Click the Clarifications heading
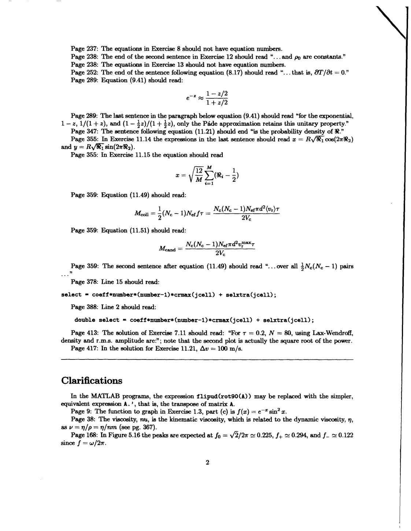coord(92,381)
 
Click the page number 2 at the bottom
coord(207,462)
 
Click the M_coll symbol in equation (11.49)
coord(143,213)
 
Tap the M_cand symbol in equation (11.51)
coord(167,249)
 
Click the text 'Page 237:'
coord(85,49)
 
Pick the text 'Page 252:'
coord(85,72)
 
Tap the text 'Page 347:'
coord(85,131)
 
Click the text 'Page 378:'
coord(85,282)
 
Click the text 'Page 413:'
coord(85,333)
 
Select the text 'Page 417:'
coord(85,348)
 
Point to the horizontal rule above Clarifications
coord(207,360)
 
